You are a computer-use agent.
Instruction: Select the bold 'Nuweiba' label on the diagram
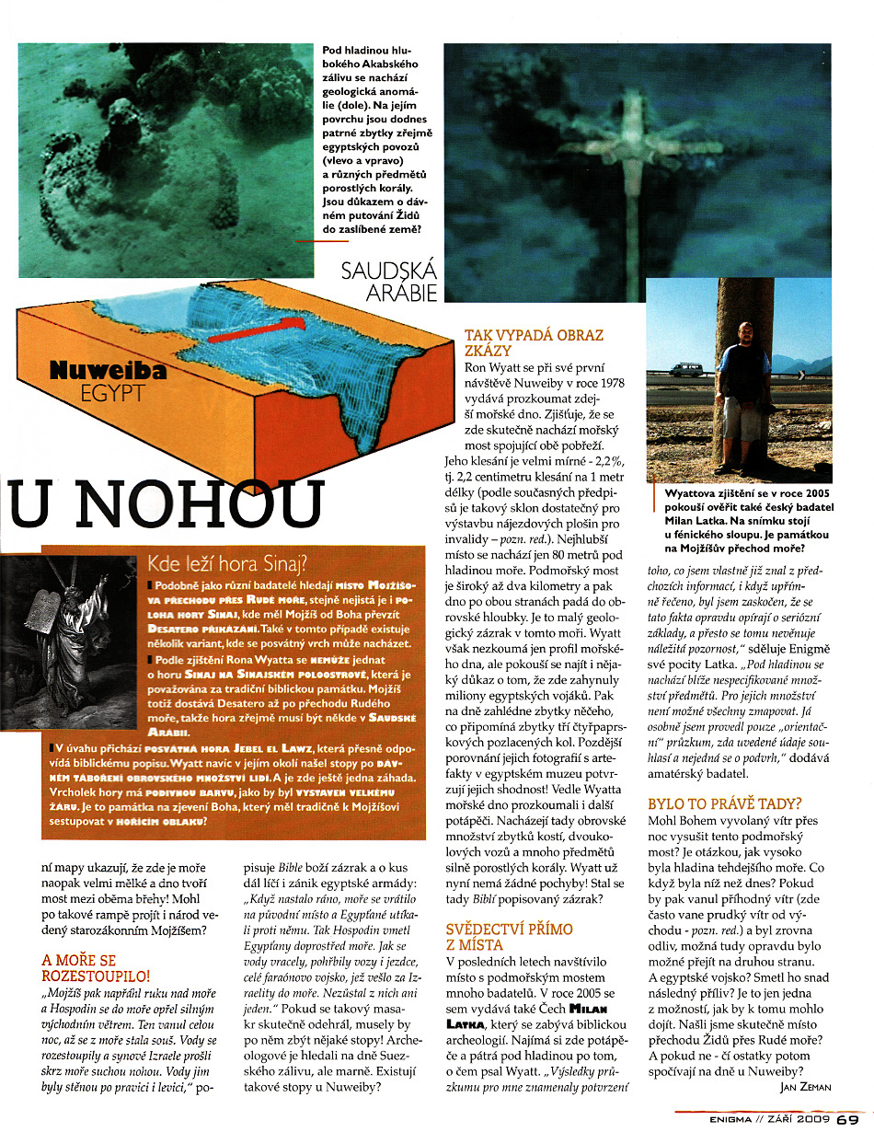click(x=109, y=371)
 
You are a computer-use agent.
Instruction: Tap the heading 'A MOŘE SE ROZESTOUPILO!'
click(x=96, y=969)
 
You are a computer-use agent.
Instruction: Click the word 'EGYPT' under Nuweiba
click(x=110, y=393)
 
